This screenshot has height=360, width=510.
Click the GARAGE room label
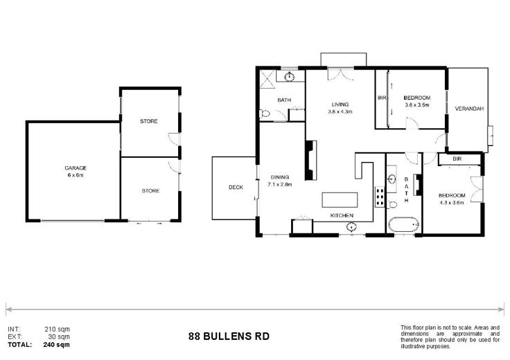click(x=76, y=168)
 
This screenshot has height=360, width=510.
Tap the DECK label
click(x=236, y=187)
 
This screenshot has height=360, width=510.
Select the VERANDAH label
click(x=469, y=109)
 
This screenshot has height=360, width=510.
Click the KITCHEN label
click(x=342, y=215)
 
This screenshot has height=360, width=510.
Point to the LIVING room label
click(x=340, y=105)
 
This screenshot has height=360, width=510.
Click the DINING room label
click(x=280, y=177)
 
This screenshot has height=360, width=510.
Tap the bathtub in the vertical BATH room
click(x=403, y=224)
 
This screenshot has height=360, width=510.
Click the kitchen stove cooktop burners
click(x=380, y=197)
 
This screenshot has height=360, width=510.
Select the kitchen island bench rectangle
click(x=340, y=200)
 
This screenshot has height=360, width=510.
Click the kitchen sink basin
click(x=351, y=226)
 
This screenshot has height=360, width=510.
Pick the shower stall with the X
click(x=268, y=78)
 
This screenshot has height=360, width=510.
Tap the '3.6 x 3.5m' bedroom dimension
click(x=417, y=105)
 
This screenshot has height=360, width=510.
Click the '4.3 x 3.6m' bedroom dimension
click(x=452, y=202)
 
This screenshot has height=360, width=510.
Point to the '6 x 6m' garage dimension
click(x=76, y=175)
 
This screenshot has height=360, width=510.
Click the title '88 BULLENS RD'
click(x=229, y=336)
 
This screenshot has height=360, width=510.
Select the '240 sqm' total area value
click(x=56, y=344)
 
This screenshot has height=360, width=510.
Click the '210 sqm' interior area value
click(x=57, y=329)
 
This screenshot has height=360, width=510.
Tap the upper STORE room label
click(x=149, y=121)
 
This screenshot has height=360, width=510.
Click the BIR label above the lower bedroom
click(x=457, y=159)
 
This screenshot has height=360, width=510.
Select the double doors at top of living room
click(x=340, y=74)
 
